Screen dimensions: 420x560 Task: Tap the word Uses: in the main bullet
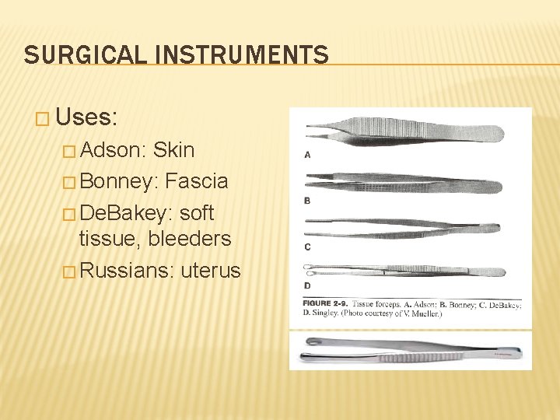[86, 117]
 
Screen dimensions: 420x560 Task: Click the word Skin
[174, 149]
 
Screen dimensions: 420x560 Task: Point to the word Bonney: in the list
[119, 181]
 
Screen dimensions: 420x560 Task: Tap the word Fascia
[197, 181]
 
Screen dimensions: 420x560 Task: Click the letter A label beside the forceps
[307, 155]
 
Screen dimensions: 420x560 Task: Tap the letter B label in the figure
[307, 201]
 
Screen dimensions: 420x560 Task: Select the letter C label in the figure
[307, 247]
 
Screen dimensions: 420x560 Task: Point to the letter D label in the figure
[307, 285]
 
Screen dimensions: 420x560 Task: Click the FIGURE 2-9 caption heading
[326, 302]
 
